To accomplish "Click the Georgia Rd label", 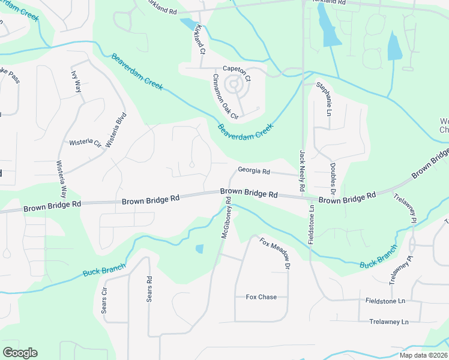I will click(x=254, y=170).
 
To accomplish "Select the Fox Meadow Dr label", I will click(x=275, y=253).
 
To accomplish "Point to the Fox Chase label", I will click(x=261, y=297).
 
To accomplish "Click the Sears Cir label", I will click(x=104, y=301).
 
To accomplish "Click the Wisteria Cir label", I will click(x=85, y=143).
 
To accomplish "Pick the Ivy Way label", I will click(x=76, y=82).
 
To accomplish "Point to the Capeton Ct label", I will click(x=237, y=69).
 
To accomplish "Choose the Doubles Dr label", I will click(x=331, y=174).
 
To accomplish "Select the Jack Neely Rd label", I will click(x=303, y=164).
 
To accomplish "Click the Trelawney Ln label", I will click(x=389, y=322).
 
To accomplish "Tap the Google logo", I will click(x=20, y=353).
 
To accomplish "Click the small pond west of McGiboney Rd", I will click(x=199, y=248).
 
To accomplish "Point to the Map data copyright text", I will click(x=423, y=355).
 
